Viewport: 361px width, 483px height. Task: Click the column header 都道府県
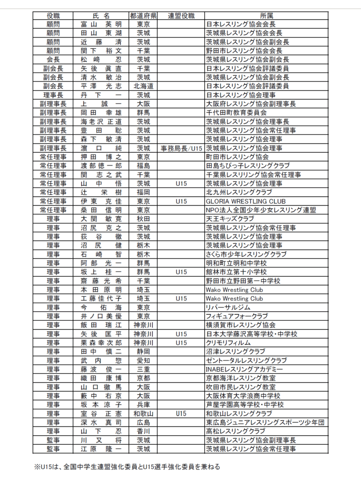point(143,16)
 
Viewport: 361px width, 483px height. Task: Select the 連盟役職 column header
point(181,16)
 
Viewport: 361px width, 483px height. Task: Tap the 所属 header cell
point(266,16)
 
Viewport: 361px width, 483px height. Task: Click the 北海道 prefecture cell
point(143,86)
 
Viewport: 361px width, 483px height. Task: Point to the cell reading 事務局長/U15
point(181,148)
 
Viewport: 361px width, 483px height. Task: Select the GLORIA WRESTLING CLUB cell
point(245,201)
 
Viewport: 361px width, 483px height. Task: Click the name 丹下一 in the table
point(101,95)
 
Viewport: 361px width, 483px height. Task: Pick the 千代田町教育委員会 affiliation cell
point(236,113)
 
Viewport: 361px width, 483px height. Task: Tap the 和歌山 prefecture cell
point(143,414)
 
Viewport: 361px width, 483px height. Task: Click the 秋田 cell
point(143,219)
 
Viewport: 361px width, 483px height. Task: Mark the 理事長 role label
point(53,95)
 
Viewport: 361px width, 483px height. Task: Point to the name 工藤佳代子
point(101,299)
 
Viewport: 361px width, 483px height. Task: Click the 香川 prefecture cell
point(143,431)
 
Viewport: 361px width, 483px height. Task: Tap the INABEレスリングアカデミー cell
point(244,369)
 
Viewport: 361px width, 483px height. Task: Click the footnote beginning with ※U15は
point(127,467)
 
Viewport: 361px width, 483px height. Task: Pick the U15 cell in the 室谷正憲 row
point(181,414)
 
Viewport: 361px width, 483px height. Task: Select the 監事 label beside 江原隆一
point(53,449)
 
